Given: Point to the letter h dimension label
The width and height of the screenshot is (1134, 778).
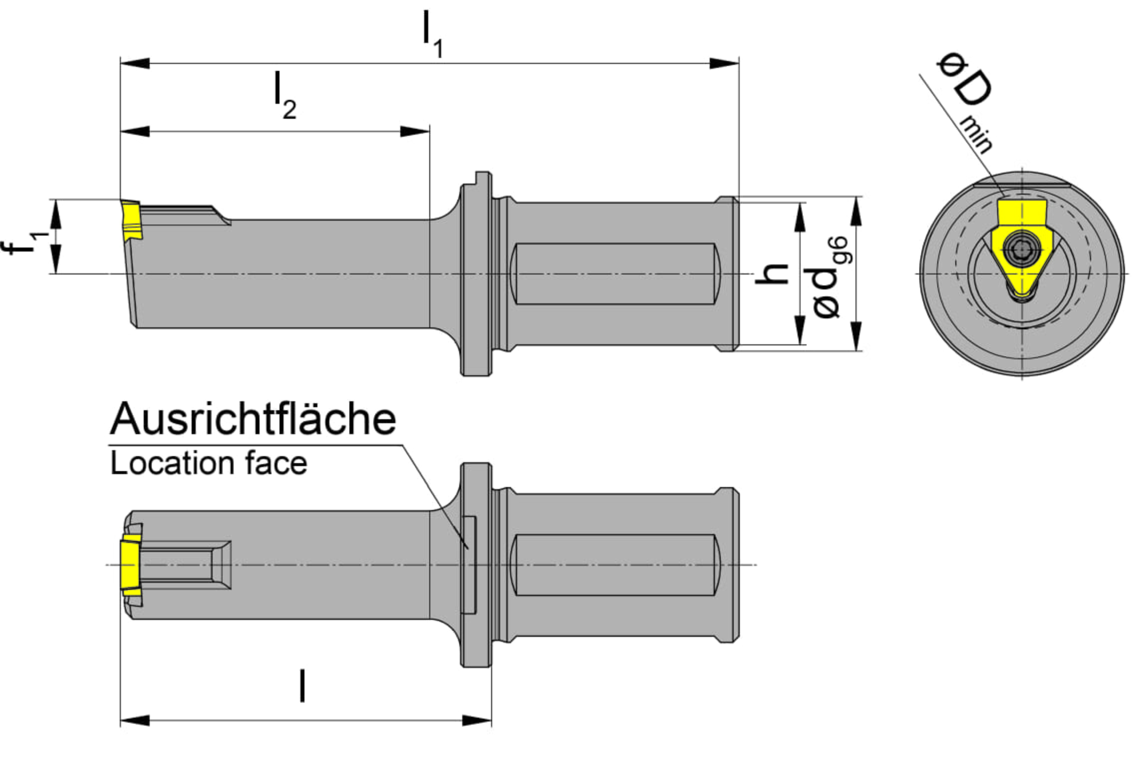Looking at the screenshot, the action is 772,274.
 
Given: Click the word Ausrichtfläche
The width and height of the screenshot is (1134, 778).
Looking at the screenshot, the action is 253,419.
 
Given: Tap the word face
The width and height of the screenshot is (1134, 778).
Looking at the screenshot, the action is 276,463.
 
